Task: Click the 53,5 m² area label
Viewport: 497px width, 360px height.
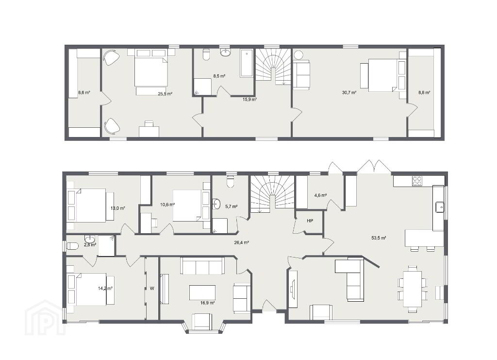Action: (x=379, y=238)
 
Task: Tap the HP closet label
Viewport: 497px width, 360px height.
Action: (x=310, y=221)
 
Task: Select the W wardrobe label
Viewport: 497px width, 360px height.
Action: (x=152, y=288)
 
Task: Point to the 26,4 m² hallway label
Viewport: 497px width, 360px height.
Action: (x=241, y=242)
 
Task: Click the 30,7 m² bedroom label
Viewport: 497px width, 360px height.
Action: (x=349, y=93)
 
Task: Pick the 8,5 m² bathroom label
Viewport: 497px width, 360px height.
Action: (x=219, y=76)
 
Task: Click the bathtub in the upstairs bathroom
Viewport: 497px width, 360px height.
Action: (x=246, y=63)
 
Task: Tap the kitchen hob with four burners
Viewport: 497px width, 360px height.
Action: (x=417, y=181)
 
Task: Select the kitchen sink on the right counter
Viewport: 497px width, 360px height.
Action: (x=440, y=207)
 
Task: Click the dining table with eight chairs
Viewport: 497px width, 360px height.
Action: (x=413, y=289)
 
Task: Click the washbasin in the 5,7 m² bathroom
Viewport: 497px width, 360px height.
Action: (x=216, y=204)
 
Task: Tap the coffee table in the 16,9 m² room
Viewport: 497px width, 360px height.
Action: (x=202, y=292)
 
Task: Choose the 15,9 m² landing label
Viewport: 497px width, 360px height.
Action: (x=249, y=99)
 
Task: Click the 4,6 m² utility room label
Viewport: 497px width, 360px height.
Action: (x=320, y=195)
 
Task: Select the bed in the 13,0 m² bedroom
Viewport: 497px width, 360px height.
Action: (x=90, y=205)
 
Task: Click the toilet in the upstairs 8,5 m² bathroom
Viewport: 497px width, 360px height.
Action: (x=206, y=54)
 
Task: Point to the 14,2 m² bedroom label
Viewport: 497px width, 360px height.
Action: (x=105, y=288)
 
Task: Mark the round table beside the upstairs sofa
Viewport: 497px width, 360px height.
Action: (x=298, y=54)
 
